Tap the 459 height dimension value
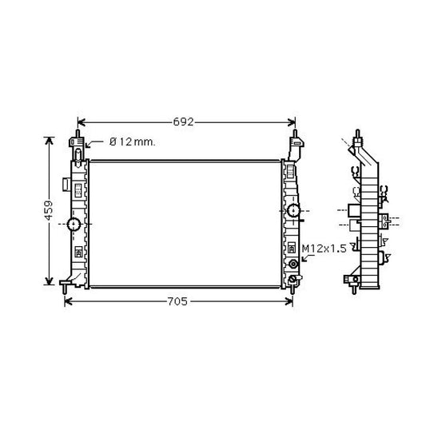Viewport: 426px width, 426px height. pos(49,209)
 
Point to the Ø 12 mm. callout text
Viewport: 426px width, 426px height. pos(132,141)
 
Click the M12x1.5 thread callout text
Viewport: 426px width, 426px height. pos(324,249)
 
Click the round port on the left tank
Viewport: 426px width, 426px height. pos(73,223)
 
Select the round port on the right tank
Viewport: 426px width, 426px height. pos(293,211)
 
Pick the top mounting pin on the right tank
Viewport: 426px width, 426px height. pos(294,131)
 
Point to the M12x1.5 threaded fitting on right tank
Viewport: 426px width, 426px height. pos(293,264)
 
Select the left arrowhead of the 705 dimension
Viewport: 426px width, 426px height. pos(68,301)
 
